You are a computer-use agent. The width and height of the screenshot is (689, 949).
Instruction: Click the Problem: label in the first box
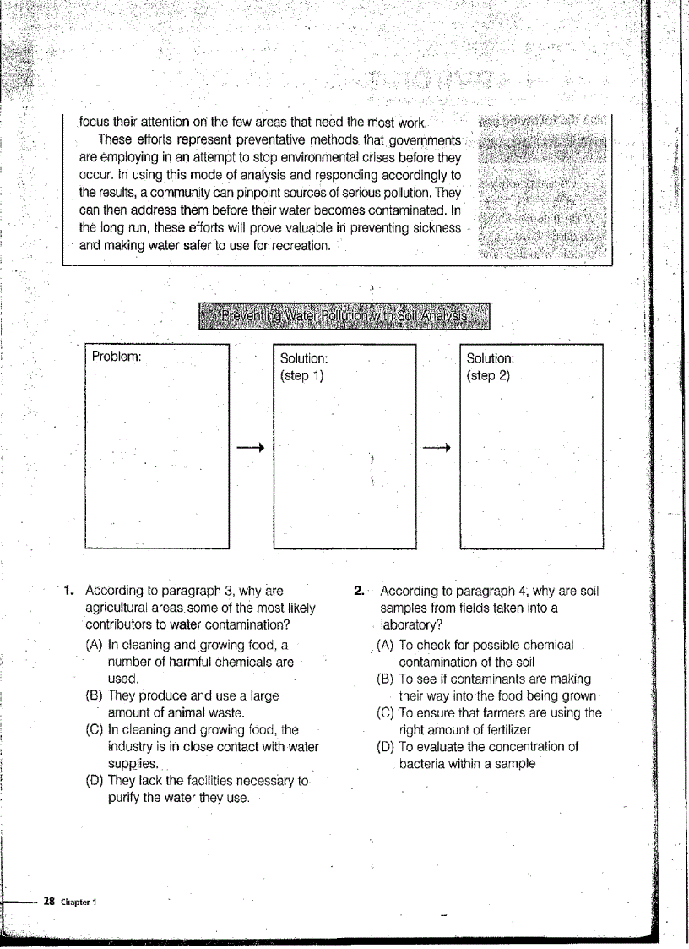pos(116,357)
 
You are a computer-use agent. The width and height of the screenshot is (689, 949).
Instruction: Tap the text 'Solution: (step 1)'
pos(303,367)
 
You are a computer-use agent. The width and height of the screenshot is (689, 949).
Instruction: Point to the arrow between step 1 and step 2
pos(437,447)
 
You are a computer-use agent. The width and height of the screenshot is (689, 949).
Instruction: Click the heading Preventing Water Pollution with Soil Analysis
pos(344,317)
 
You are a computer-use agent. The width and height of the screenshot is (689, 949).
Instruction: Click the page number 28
pos(49,902)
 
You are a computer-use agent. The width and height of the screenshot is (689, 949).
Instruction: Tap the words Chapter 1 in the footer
pos(79,903)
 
